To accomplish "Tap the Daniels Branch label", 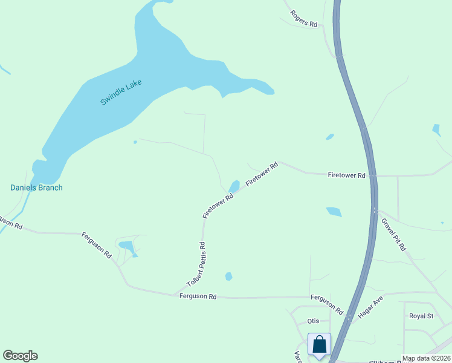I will pos(36,188).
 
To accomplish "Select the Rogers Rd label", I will pos(303,18).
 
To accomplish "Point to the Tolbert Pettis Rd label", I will pos(196,264).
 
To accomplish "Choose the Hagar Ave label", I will pos(370,308).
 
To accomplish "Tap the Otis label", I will pos(313,321).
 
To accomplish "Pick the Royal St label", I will pos(421,316).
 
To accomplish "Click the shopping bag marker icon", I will pos(319,344).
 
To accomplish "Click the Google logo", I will pos(20,356).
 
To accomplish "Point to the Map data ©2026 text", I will pos(426,358).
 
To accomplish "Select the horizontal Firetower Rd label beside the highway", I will pos(347,175).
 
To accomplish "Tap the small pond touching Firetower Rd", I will pos(234,186).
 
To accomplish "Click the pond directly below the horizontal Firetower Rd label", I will pos(334,212).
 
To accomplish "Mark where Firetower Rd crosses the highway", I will pos(373,176).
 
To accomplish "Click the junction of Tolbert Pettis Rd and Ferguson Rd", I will pos(174,295).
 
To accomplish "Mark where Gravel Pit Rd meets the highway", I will pos(376,211).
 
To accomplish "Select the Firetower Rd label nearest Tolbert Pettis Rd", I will pos(218,206).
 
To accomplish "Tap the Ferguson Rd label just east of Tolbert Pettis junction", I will pos(198,296).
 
